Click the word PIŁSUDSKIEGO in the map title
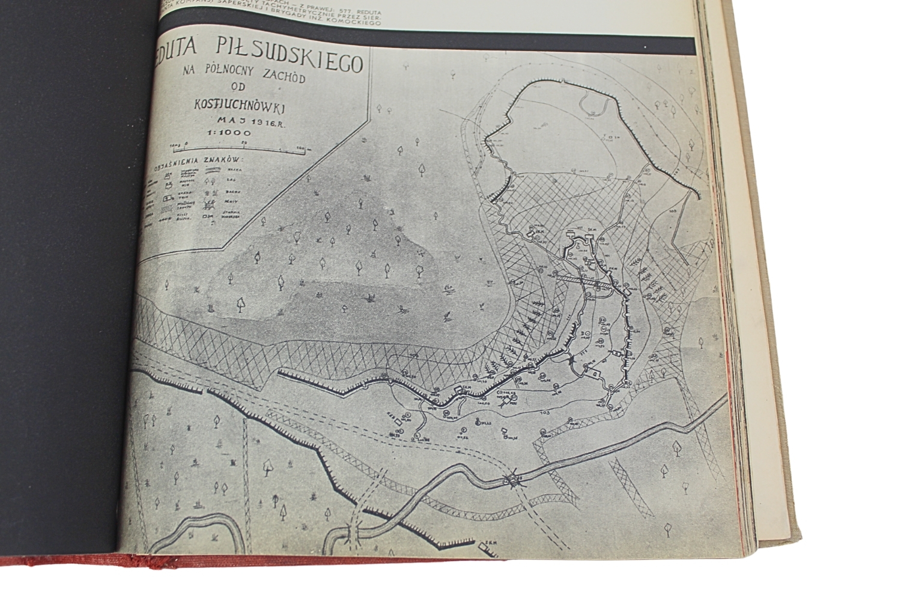coord(298,58)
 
